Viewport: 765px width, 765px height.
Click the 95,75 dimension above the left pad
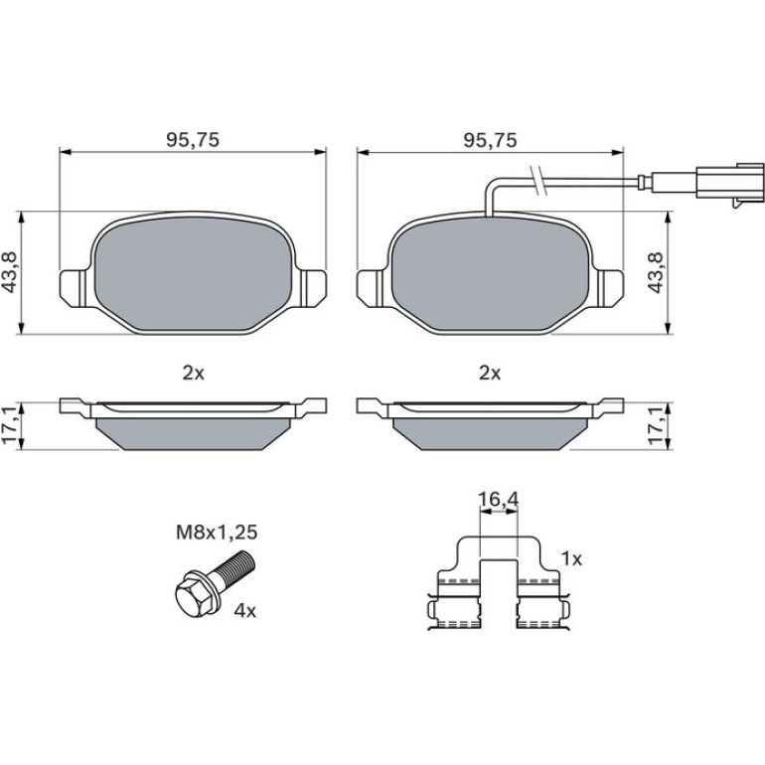pos(193,140)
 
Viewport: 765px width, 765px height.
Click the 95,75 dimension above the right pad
pos(490,140)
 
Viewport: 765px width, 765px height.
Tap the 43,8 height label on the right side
pos(656,273)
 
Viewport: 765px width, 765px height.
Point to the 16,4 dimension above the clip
pos(498,500)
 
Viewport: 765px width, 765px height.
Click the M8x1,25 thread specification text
pos(217,533)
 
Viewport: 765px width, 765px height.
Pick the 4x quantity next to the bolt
pos(245,610)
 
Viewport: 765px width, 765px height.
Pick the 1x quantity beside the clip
pos(571,558)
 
